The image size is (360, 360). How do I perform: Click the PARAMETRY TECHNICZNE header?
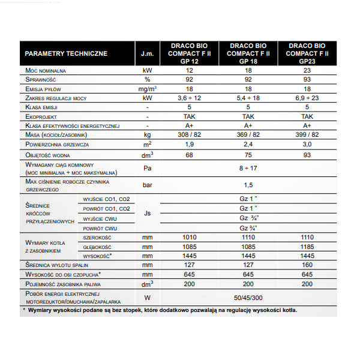pos(66,53)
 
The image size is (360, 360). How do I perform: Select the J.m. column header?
pos(147,53)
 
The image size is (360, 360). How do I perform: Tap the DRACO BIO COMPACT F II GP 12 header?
pos(189,53)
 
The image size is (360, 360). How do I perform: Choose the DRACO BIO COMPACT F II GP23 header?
pos(307,53)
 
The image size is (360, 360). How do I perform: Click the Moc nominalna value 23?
pos(307,70)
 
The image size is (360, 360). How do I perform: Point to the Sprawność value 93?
pos(307,79)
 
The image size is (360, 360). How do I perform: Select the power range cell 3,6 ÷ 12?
pos(189,97)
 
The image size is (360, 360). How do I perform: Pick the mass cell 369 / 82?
pos(248,135)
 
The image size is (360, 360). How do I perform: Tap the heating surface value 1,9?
pos(189,145)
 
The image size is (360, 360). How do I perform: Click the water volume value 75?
pos(248,155)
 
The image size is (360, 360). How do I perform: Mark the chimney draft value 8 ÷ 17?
pos(248,169)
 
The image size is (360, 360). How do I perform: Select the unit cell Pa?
pos(147,169)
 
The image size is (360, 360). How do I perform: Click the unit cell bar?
pos(147,185)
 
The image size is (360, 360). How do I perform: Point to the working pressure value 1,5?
pos(248,185)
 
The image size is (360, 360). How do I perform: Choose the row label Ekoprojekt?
pos(43,116)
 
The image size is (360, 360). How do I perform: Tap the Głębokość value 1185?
pos(307,247)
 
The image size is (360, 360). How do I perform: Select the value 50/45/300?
pos(248,297)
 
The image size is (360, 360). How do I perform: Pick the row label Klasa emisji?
pos(44,107)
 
